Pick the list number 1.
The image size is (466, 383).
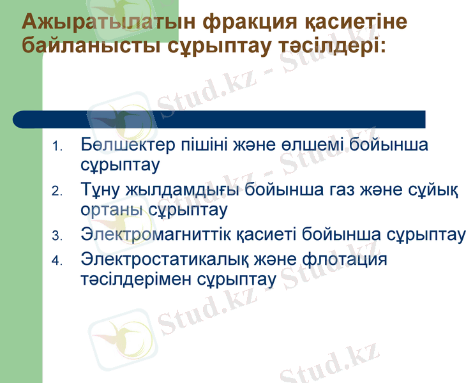(57, 147)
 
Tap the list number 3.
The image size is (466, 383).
(57, 237)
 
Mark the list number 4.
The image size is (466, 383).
(57, 261)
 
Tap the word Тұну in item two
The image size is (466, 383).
(102, 190)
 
